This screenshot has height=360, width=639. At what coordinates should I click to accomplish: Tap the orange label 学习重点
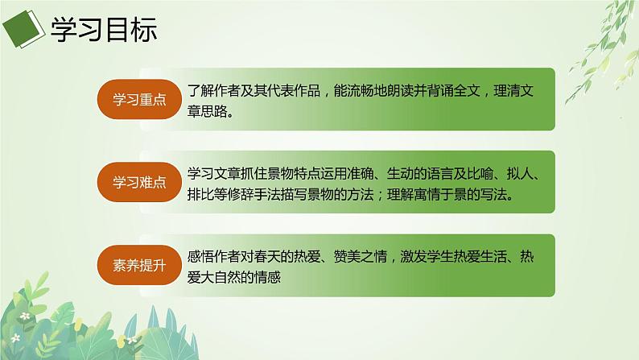click(132, 99)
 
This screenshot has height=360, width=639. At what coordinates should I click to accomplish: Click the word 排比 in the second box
click(202, 196)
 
